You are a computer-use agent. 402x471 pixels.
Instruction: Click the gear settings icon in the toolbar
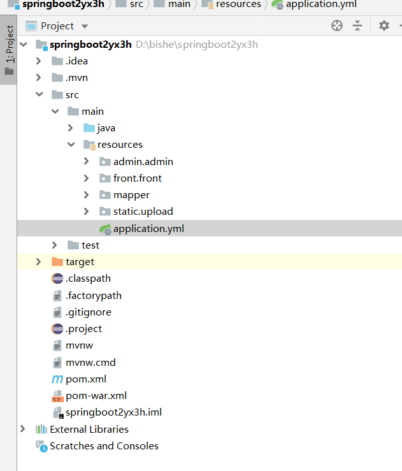tap(384, 25)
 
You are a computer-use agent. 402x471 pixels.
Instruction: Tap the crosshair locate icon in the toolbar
tap(337, 25)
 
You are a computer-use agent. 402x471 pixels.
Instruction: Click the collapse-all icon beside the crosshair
tap(357, 25)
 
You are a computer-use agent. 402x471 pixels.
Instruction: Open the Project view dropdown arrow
tap(85, 26)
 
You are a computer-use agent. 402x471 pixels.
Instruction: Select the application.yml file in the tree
tap(148, 229)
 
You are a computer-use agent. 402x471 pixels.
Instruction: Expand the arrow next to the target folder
tap(38, 262)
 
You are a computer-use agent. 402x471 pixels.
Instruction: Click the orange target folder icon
tap(57, 262)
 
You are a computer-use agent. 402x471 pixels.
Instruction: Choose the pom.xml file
tap(86, 379)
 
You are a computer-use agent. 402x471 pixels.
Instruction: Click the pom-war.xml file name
tap(96, 396)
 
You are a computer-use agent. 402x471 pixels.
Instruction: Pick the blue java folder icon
tap(89, 128)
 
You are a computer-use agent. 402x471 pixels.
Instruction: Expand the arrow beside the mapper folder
tap(86, 195)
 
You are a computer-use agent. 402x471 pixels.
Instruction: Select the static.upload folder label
tap(143, 212)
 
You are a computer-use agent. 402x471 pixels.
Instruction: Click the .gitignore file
tap(89, 312)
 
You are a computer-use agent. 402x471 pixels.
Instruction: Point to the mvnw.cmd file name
tap(90, 362)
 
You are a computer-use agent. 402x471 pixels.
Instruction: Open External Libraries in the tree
tap(89, 429)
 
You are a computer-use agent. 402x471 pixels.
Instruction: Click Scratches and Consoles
tap(104, 446)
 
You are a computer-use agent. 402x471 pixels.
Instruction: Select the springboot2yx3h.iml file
tap(113, 412)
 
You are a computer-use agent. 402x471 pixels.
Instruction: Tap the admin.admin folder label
tap(143, 162)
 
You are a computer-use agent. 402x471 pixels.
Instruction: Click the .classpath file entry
tap(88, 279)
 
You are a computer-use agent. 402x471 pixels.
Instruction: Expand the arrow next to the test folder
tap(54, 245)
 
